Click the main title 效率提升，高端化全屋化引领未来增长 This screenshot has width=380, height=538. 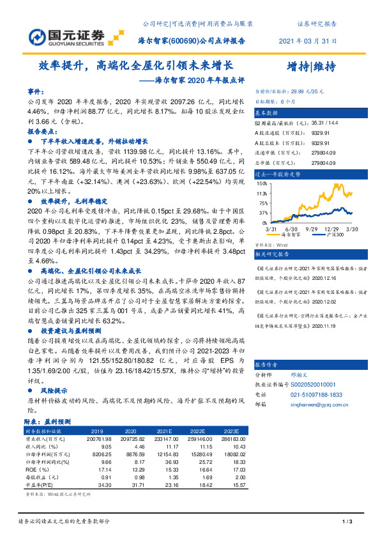135,65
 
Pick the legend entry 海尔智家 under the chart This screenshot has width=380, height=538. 291,234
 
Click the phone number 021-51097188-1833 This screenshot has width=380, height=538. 317,394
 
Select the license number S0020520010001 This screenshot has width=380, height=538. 317,385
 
